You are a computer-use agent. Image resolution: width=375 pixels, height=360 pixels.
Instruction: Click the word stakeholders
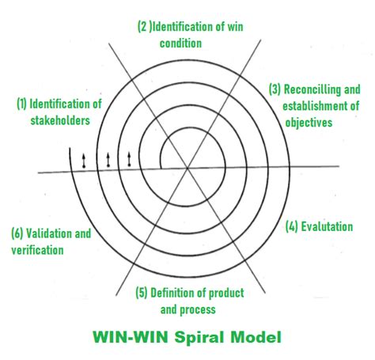pyautogui.click(x=60, y=120)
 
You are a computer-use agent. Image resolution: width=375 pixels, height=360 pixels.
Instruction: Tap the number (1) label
pyautogui.click(x=21, y=104)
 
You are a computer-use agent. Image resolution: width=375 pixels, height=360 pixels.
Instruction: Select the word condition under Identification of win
pyautogui.click(x=180, y=44)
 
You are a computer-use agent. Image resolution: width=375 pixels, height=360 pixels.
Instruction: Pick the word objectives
pyautogui.click(x=309, y=123)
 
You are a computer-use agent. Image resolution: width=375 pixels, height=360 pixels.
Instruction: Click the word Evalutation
pyautogui.click(x=327, y=227)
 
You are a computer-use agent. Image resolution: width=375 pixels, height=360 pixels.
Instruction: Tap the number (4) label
pyautogui.click(x=292, y=227)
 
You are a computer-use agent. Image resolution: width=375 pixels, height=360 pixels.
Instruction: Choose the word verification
pyautogui.click(x=37, y=250)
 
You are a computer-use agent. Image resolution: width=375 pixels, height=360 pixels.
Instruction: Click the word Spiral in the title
pyautogui.click(x=199, y=337)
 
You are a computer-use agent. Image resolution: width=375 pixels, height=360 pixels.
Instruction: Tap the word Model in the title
pyautogui.click(x=256, y=337)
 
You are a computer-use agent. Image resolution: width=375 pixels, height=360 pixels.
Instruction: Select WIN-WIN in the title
pyautogui.click(x=131, y=337)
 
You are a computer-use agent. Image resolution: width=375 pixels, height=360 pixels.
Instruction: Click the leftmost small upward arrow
pyautogui.click(x=84, y=161)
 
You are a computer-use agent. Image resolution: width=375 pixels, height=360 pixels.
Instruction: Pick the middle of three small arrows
pyautogui.click(x=108, y=160)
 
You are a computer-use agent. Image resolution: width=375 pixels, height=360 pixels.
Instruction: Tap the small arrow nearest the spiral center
pyautogui.click(x=129, y=159)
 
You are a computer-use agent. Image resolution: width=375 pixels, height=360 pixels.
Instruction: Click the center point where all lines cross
pyautogui.click(x=187, y=168)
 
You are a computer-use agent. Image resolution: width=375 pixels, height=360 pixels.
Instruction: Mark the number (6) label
pyautogui.click(x=17, y=233)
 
